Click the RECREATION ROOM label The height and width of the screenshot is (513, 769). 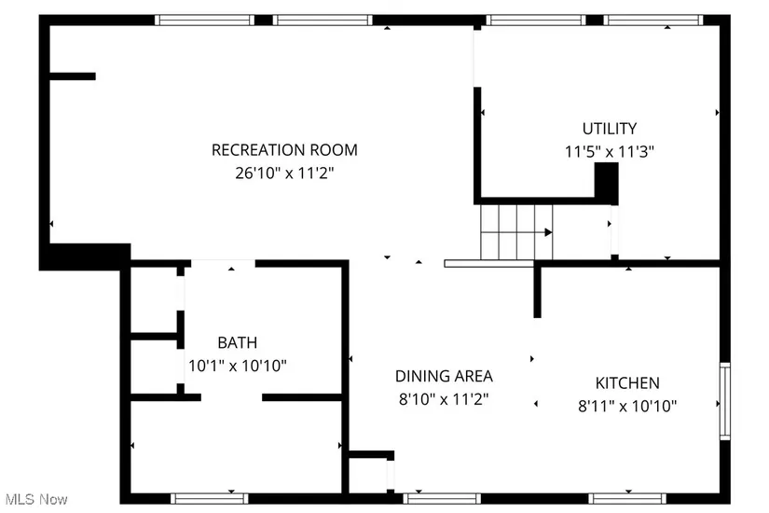point(284,150)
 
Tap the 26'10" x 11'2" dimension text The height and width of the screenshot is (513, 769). point(284,173)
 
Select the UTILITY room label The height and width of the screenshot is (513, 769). point(609,129)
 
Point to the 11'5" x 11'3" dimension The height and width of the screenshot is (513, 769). point(609,152)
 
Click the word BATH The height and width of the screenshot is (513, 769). point(238,342)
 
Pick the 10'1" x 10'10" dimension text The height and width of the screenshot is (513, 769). point(238,366)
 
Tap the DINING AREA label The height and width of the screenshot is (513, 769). point(444,376)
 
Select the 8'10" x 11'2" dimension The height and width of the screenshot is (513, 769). point(444,399)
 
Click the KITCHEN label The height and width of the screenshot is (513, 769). point(627,383)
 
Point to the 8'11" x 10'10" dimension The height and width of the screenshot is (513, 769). point(627,406)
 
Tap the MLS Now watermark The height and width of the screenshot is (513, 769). point(36,499)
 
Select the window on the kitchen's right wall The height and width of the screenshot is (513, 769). point(725,402)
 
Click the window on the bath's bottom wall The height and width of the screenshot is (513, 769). point(210,499)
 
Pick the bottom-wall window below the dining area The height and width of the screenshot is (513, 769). point(442,499)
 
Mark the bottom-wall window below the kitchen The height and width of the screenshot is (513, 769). point(627,499)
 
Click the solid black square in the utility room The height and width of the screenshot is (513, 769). point(607,183)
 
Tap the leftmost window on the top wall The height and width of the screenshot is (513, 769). point(204,21)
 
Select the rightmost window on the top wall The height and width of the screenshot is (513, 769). point(653,21)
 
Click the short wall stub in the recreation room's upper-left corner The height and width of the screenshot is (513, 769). point(73,76)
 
